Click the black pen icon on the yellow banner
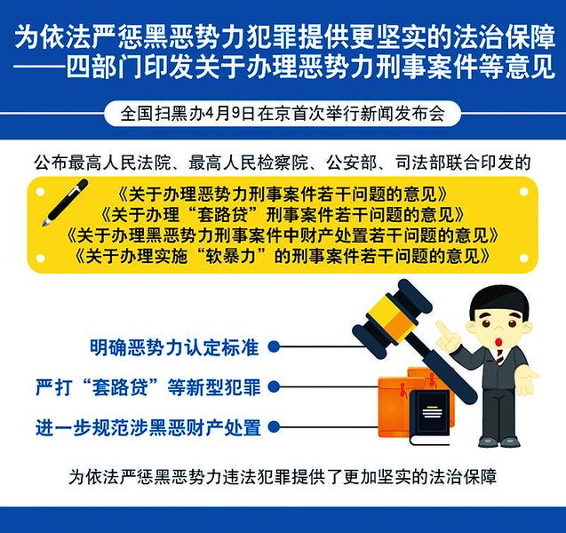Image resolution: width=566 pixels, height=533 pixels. pos(65,203)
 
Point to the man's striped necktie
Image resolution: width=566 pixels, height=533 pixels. pos(499,356)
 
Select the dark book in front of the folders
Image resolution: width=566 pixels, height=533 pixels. pos(429,418)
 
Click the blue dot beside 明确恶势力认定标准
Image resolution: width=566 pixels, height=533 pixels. pos(274,347)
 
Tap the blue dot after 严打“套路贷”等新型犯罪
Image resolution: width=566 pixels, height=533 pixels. pos(274,386)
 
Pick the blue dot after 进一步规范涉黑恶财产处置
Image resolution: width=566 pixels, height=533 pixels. pos(274,426)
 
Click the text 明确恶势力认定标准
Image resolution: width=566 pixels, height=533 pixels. pos(174,347)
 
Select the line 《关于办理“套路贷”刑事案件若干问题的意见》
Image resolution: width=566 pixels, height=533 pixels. pos(283,215)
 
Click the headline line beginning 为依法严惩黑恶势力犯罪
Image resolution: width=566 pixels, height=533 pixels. pos(285,36)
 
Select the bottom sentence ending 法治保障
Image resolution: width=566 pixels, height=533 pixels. pos(283,476)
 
